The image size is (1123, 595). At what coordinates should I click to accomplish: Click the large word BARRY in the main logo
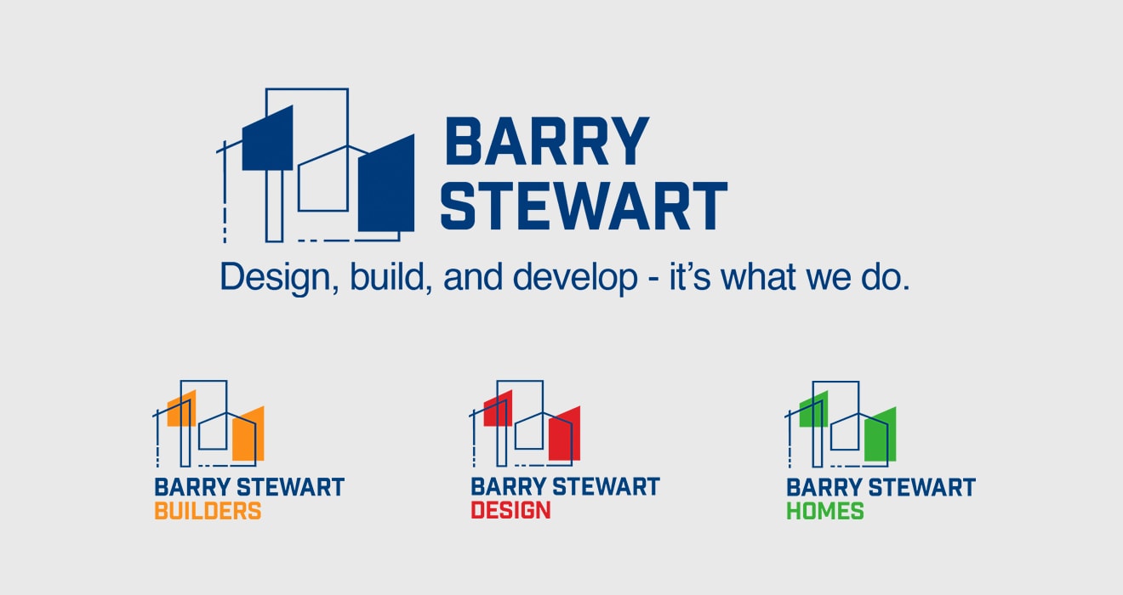click(x=547, y=141)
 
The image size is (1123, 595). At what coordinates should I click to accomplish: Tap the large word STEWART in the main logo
click(x=584, y=206)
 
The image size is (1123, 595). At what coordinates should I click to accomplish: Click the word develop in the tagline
click(x=575, y=277)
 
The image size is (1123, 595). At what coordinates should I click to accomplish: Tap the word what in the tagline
click(x=759, y=277)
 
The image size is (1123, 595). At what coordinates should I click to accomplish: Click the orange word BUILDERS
click(x=208, y=511)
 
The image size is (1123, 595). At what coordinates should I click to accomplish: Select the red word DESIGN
click(x=510, y=510)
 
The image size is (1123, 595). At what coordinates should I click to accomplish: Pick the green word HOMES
click(x=825, y=511)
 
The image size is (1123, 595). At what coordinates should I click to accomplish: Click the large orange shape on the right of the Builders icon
click(x=248, y=433)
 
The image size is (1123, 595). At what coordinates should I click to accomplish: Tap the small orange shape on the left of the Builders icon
click(x=181, y=409)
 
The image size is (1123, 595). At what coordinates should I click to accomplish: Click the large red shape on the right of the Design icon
click(x=565, y=433)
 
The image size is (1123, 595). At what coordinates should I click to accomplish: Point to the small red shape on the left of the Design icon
click(x=498, y=409)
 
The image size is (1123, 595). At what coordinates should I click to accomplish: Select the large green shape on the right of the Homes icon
click(x=881, y=434)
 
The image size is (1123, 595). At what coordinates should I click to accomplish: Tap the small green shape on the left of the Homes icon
click(x=813, y=409)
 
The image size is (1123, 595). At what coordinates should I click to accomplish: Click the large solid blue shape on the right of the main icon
click(x=386, y=184)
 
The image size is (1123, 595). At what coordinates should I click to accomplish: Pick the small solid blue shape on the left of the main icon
click(x=268, y=139)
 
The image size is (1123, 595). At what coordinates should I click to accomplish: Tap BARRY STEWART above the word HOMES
click(x=881, y=487)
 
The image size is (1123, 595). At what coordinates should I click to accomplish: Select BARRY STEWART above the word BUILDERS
click(x=249, y=487)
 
